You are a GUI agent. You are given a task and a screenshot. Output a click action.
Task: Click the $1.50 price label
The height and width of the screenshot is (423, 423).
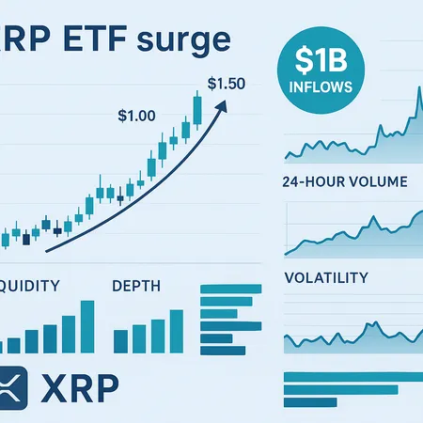coord(226,83)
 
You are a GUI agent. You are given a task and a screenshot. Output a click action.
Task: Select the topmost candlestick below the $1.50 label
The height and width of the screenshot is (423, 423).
coord(197,106)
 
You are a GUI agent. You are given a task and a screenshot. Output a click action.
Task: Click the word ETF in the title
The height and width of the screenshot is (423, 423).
coord(91,41)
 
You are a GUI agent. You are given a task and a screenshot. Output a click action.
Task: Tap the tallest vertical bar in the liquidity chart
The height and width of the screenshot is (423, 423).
coord(87,325)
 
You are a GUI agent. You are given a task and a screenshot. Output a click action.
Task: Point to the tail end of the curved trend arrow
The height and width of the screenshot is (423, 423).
coord(47,248)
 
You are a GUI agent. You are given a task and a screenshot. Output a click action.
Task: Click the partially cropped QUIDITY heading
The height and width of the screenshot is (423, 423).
coord(30,283)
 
